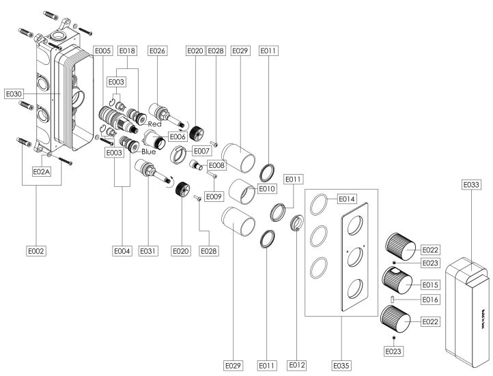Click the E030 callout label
click(x=14, y=93)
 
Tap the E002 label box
click(x=36, y=252)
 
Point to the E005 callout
click(x=103, y=50)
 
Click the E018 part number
click(x=128, y=50)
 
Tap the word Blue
click(x=148, y=151)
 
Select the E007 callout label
click(x=200, y=150)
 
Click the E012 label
click(x=296, y=366)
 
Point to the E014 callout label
click(x=346, y=199)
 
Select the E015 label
click(x=430, y=283)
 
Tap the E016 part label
click(x=430, y=300)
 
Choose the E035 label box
click(x=342, y=366)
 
